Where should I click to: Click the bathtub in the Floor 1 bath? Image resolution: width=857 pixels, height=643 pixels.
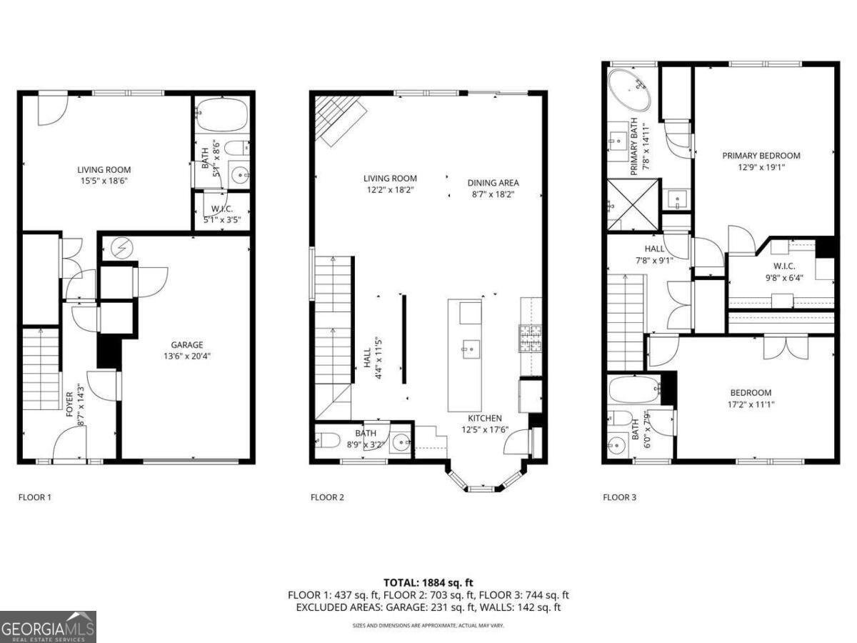pos(221,114)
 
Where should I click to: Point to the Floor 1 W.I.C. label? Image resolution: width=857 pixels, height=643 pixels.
pos(222,209)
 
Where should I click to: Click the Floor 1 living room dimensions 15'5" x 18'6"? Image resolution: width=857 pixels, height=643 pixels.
pos(104,181)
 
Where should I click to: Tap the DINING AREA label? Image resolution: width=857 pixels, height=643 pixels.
pos(493,182)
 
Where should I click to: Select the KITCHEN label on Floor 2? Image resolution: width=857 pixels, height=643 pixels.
pos(484,418)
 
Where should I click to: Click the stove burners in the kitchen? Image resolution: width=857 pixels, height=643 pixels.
pos(530,338)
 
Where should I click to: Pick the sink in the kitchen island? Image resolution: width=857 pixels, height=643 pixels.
pos(471,350)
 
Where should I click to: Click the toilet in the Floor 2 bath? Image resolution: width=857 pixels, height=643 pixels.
pos(329,439)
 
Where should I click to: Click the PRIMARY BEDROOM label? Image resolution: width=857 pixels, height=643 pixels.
pos(761,155)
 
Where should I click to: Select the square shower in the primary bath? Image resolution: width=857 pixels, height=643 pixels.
pos(631,205)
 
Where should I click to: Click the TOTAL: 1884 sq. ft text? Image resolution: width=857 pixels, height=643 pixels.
pos(428,582)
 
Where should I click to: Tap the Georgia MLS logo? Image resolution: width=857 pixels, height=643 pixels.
pos(48,627)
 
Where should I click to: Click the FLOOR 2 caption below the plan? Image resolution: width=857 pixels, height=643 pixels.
pos(326,497)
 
